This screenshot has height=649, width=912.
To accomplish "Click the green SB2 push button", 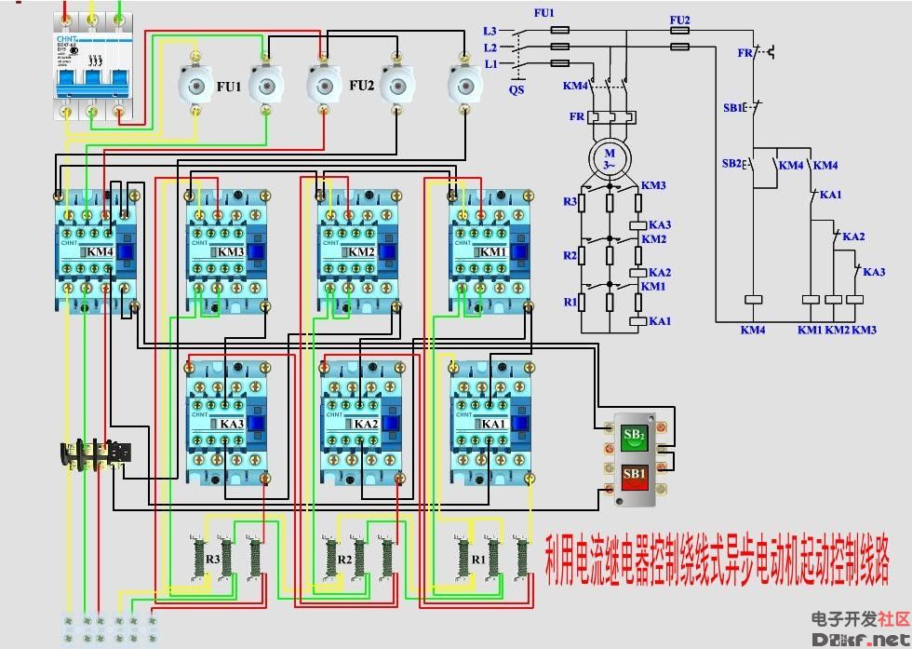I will point(635,436).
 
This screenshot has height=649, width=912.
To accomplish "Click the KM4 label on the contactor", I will point(100,252).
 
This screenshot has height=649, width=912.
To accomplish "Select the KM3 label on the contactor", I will point(231,252).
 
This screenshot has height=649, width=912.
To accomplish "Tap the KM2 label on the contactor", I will point(361,252).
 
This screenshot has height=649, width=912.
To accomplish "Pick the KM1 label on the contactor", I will point(493,252).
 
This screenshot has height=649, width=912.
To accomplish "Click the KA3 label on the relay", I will point(232,424).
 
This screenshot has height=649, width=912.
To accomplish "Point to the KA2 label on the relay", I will point(366,424).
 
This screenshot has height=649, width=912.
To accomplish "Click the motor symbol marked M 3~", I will point(610,158).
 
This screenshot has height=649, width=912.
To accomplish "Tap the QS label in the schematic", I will point(516,91).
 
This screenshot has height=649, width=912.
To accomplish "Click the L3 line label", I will point(490,31).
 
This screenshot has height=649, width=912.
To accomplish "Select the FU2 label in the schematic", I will point(679,20).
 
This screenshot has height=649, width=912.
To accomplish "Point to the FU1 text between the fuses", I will point(229,87).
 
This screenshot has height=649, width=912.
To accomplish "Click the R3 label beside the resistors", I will point(212,560).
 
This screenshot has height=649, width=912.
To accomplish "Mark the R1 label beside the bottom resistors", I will point(477,560).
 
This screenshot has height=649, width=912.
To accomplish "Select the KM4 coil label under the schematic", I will point(752,330).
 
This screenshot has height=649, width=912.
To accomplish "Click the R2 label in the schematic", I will point(570,255).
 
